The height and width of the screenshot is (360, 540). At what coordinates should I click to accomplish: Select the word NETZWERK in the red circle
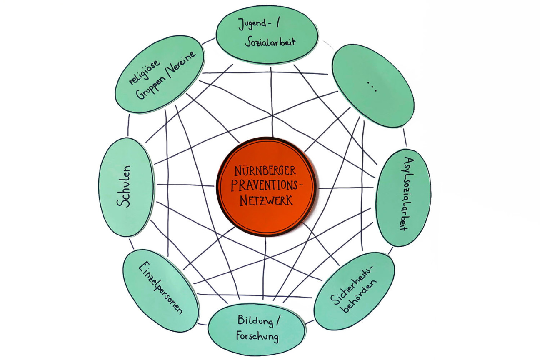point(267,200)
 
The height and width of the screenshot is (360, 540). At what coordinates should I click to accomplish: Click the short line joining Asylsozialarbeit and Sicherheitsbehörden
point(391,250)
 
